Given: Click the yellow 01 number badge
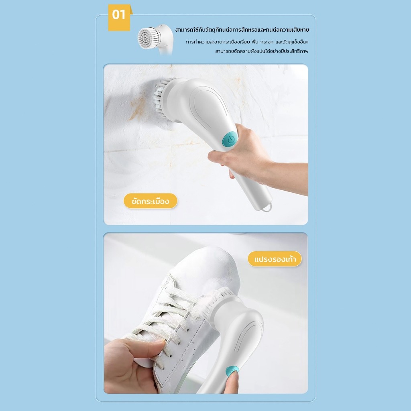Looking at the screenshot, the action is [119, 18].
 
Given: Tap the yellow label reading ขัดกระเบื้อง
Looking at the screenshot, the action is [151, 201].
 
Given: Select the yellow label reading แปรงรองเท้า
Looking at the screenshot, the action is [275, 259].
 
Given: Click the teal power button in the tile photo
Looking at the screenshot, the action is [230, 139].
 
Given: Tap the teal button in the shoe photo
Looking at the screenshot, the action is [232, 370].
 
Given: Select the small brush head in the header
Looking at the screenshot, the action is [147, 38].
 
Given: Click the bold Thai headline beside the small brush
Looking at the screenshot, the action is [242, 30].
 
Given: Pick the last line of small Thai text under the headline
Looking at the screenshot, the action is [262, 51].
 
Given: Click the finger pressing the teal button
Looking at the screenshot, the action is [232, 380].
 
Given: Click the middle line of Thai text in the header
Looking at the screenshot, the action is [247, 42].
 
